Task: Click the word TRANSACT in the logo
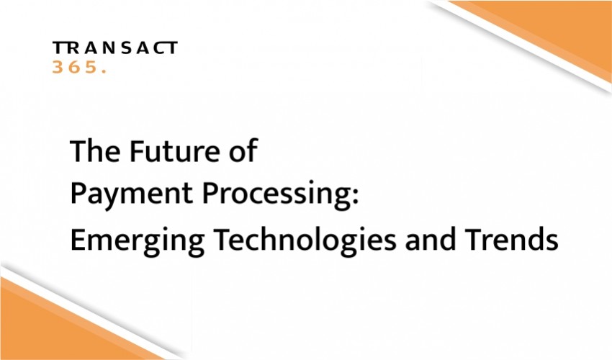[x=115, y=48]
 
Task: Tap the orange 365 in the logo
[x=74, y=67]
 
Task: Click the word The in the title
[x=95, y=150]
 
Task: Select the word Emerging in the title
[x=138, y=241]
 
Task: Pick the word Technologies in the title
[x=305, y=240]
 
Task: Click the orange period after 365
[x=104, y=71]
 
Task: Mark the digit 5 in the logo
[x=91, y=67]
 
